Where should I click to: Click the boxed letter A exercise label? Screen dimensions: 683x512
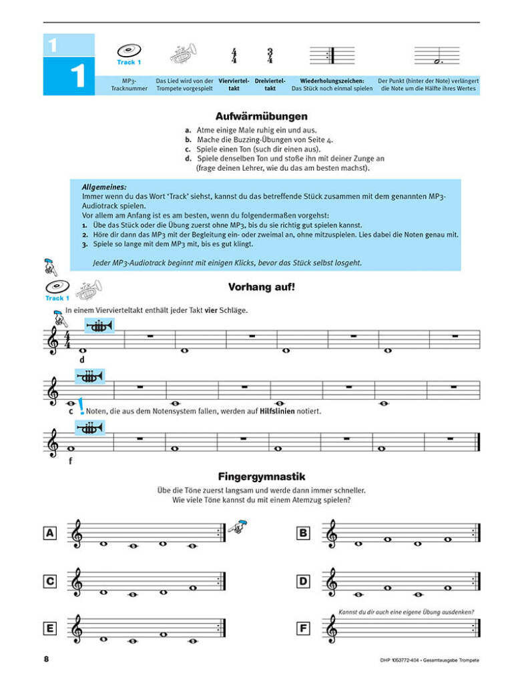coord(49,532)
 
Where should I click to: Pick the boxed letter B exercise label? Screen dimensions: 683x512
coord(303,532)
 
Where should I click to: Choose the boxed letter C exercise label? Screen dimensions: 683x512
coord(49,582)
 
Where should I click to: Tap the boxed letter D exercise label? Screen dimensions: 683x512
coord(303,582)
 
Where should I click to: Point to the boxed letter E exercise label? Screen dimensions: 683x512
coord(49,628)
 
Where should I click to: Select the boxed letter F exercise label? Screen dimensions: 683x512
coord(303,628)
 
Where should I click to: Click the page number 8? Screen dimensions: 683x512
coord(46,660)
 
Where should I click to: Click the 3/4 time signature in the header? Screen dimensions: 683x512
coord(270,55)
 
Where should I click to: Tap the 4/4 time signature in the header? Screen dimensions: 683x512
coord(234,55)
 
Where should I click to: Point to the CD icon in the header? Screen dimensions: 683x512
coord(129,50)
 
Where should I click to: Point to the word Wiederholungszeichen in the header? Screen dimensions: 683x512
coord(331,81)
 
